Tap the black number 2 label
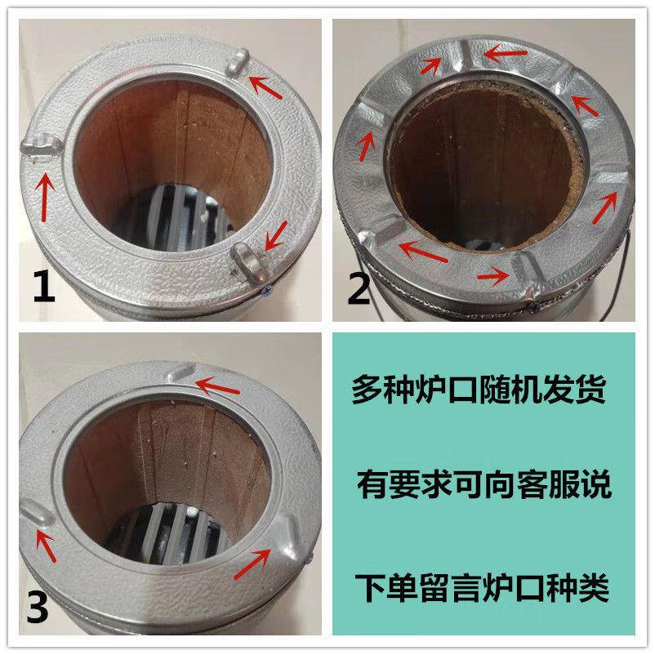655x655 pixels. click(359, 287)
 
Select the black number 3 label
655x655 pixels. click(39, 606)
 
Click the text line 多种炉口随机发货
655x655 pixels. click(479, 389)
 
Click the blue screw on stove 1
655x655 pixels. click(267, 287)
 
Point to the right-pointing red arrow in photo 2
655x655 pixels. click(494, 275)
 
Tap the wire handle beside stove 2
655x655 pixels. click(622, 270)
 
